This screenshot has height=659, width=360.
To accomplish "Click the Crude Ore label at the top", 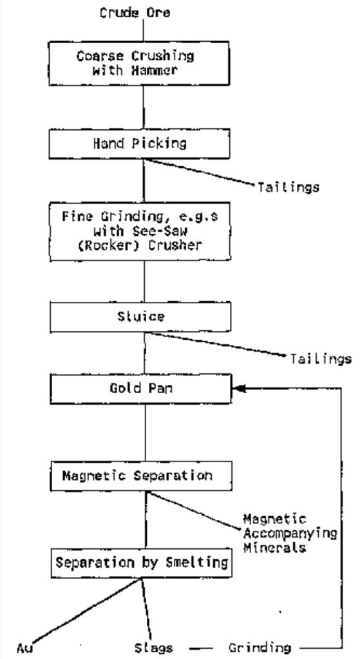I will [135, 12].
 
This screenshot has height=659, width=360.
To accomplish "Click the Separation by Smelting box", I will [141, 562].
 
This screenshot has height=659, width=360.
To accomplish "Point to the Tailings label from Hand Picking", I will [289, 187].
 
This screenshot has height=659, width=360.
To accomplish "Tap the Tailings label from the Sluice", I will [321, 358].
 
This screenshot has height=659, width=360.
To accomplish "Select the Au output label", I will [24, 647].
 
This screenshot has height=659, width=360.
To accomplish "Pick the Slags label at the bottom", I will [153, 647].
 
